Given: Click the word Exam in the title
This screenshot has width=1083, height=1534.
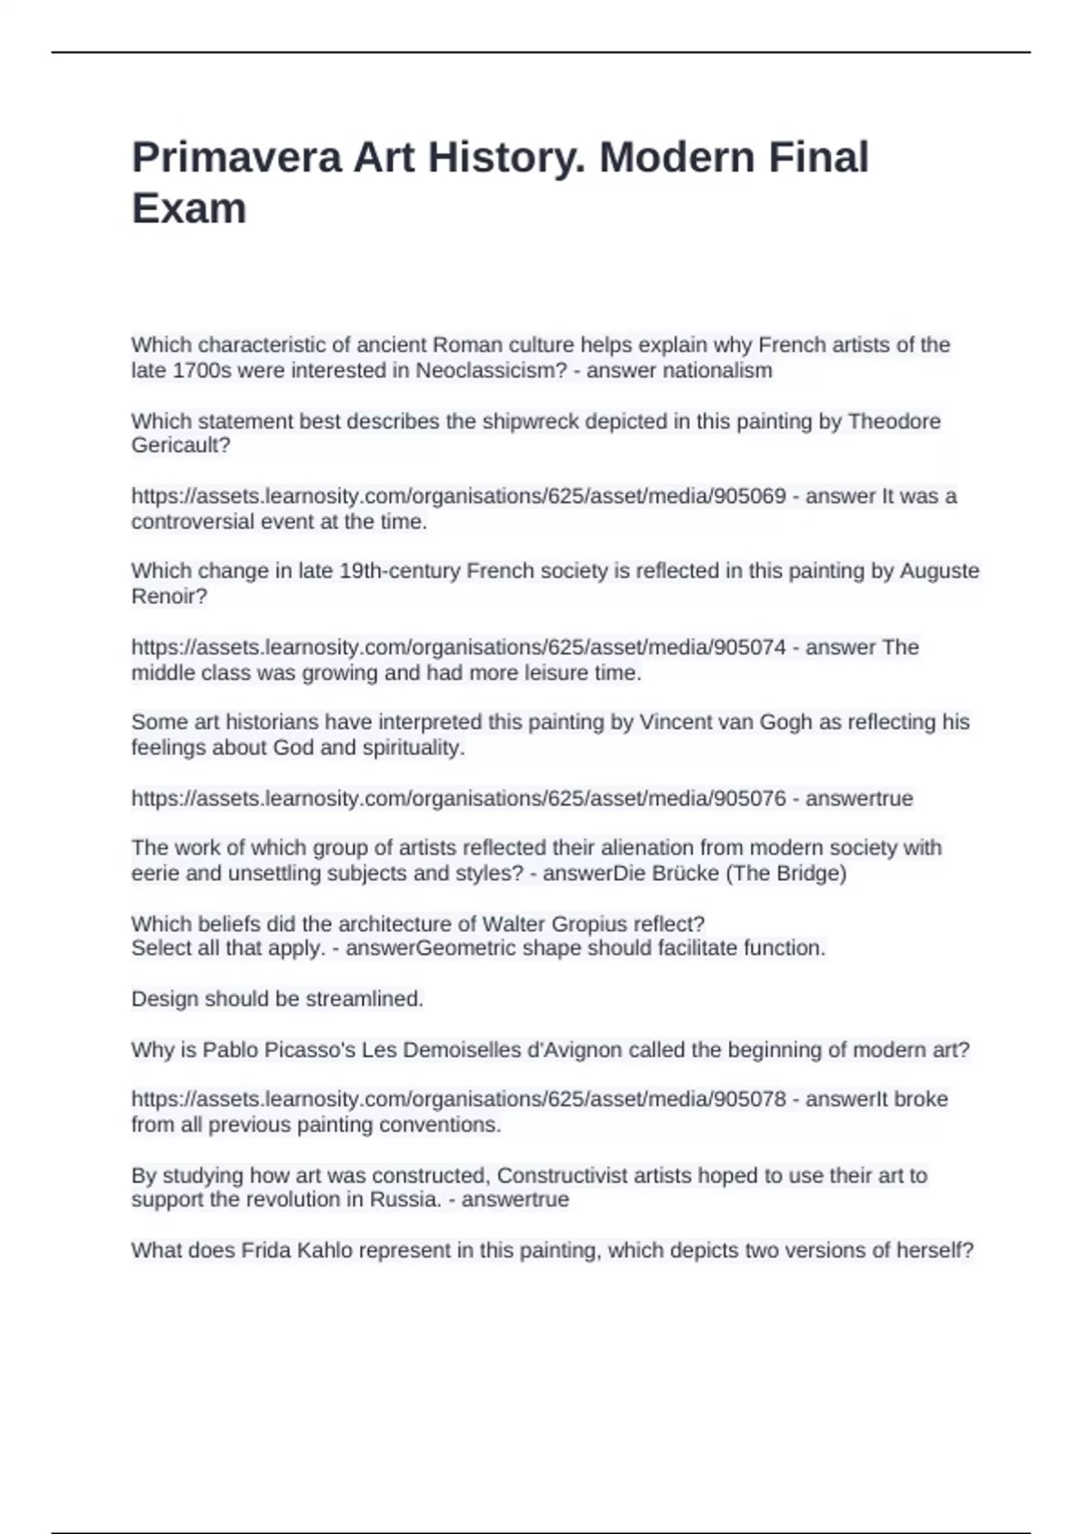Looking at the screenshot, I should click(189, 208).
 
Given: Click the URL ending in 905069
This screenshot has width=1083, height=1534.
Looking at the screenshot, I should click(458, 496).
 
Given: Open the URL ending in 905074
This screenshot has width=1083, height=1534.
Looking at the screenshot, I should click(458, 648).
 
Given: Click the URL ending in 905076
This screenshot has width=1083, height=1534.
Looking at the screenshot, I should click(458, 799).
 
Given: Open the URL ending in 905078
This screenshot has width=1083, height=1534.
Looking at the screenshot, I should click(458, 1100).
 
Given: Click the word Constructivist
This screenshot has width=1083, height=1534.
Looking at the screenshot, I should click(575, 1176).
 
